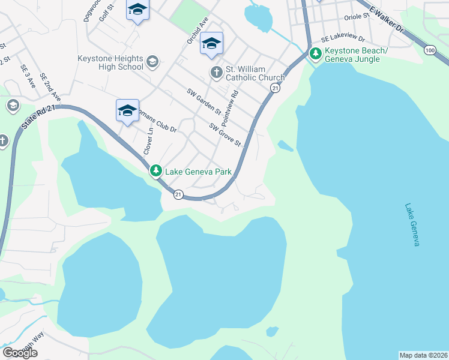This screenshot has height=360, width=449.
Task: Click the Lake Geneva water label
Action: pyautogui.click(x=412, y=224)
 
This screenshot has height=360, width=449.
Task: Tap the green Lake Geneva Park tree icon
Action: pyautogui.click(x=156, y=172)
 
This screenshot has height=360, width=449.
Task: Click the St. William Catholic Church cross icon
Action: pyautogui.click(x=216, y=73)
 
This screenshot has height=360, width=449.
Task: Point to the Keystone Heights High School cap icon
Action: pyautogui.click(x=152, y=62)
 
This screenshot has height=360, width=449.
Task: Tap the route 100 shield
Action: pyautogui.click(x=429, y=51)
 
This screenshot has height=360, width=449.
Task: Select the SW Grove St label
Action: pyautogui.click(x=224, y=135)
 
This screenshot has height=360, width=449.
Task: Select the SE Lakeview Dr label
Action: pyautogui.click(x=343, y=38)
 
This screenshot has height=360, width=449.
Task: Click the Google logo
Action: pyautogui.click(x=20, y=352)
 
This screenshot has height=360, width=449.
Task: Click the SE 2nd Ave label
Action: pyautogui.click(x=50, y=87)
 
